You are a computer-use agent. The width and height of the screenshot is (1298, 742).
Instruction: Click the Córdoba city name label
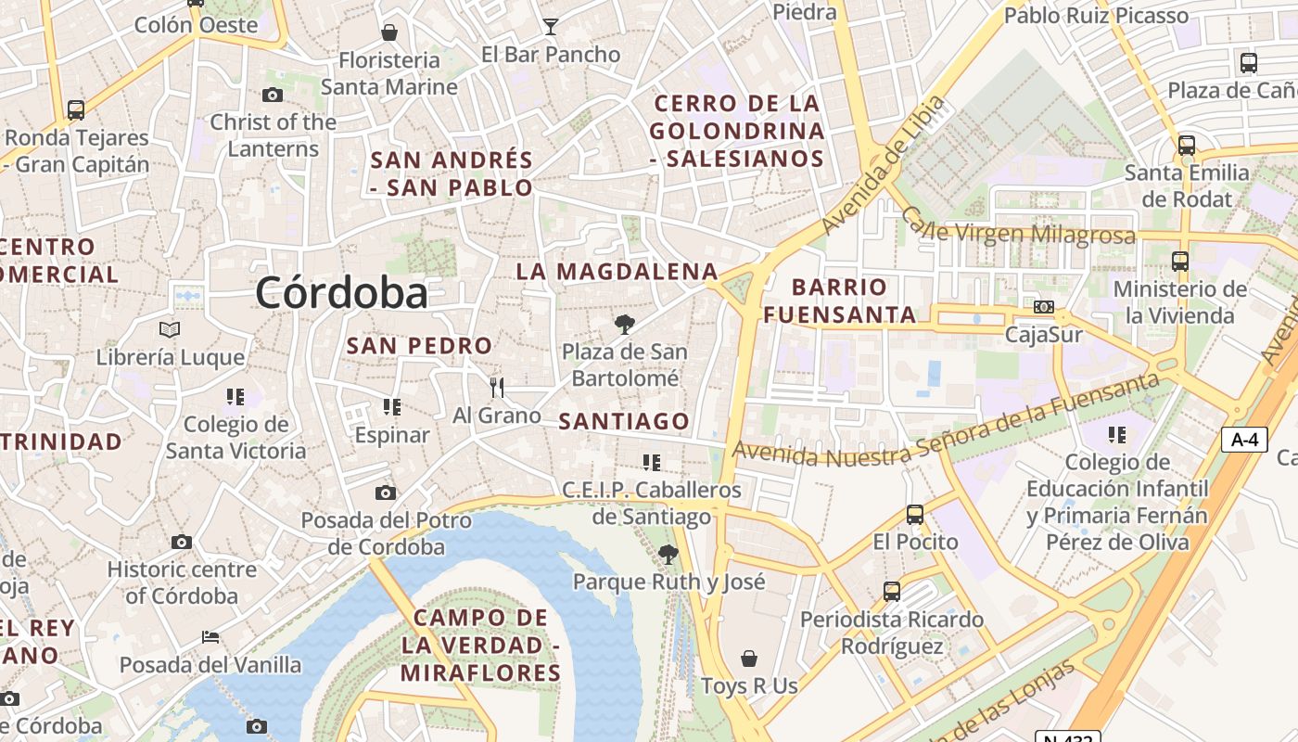[x=341, y=293]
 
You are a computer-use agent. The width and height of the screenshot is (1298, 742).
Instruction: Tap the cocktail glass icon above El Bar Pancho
[x=551, y=26]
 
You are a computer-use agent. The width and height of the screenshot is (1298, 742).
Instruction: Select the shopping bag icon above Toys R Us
[x=749, y=659]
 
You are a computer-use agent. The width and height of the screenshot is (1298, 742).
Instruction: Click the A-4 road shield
[x=1243, y=440]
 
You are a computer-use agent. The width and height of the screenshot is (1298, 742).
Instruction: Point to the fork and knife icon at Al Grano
[x=497, y=387]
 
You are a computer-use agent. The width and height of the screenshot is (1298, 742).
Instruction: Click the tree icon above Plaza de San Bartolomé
[x=625, y=324]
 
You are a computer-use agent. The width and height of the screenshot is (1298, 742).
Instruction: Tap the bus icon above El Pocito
[x=915, y=514]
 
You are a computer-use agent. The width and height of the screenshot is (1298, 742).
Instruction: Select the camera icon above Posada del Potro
[x=386, y=493]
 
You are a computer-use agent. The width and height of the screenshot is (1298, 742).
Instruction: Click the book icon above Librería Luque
[x=170, y=329]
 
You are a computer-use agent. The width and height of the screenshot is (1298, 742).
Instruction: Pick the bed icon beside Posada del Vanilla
[x=210, y=637]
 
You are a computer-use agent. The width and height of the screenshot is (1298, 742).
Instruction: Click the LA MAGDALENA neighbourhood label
[x=617, y=272]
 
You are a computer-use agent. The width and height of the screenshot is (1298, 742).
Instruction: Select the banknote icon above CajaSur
[x=1044, y=307]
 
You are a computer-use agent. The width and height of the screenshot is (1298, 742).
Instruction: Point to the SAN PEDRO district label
[x=419, y=346]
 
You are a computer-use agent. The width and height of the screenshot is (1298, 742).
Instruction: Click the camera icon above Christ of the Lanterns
[x=273, y=95]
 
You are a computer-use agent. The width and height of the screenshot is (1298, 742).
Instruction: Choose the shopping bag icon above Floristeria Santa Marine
[x=389, y=32]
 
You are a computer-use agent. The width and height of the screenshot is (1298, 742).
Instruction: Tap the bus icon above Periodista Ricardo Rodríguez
[x=892, y=591]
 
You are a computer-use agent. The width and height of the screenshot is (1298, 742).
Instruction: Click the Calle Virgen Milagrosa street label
[x=1018, y=228]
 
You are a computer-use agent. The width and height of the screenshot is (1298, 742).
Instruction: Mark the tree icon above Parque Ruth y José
[x=668, y=555]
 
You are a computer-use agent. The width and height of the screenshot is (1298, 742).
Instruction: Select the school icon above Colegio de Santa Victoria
[x=235, y=397]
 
